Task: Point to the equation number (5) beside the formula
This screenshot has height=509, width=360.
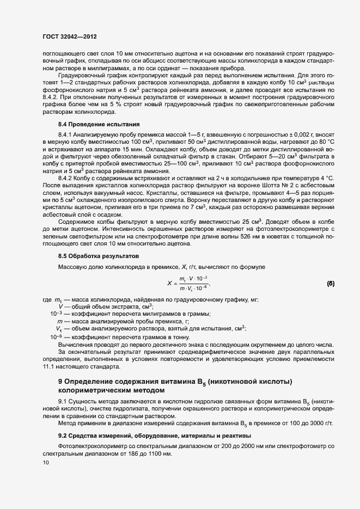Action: pos(330,284)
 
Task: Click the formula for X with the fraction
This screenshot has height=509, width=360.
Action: pos(188,284)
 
